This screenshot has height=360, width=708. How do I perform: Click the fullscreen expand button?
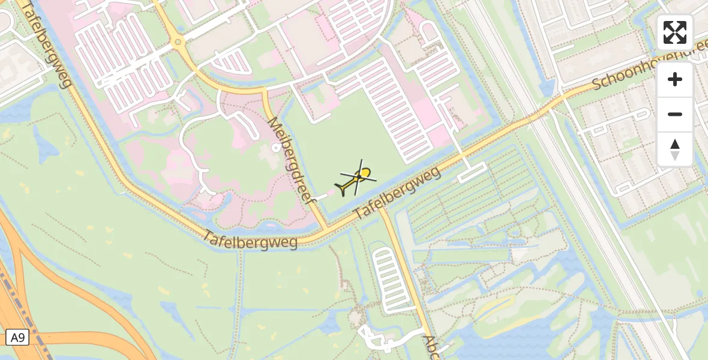[x=675, y=32]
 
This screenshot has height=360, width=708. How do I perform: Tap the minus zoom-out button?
[x=675, y=114]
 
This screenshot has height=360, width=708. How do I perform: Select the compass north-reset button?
[x=675, y=149]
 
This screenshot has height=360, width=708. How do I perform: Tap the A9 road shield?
[x=16, y=337]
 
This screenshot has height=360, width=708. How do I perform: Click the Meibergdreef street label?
[x=292, y=161]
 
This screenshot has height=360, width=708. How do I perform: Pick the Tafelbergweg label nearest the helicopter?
[x=397, y=193]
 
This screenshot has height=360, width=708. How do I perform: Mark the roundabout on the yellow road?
[x=177, y=42]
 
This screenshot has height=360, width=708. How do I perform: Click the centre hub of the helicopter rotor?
[x=360, y=176]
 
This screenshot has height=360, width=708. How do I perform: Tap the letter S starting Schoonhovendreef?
[x=598, y=85]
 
